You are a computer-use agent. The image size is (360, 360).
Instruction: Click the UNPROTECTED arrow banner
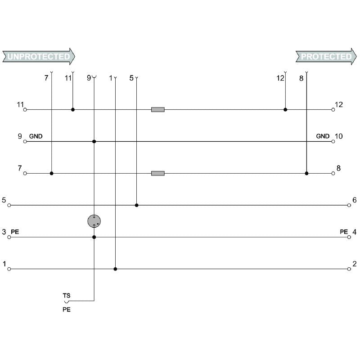point(38,57)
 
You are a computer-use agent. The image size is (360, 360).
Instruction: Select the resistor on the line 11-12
point(157,109)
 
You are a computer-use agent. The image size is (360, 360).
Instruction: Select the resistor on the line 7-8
point(157,173)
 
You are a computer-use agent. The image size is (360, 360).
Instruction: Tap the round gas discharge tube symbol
point(94,221)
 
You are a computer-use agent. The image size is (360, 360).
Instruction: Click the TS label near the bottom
point(67,295)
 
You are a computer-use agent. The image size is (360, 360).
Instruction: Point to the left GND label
point(36,136)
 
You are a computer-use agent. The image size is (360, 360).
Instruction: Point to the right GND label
point(323,136)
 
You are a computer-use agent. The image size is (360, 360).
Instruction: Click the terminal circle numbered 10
point(333,141)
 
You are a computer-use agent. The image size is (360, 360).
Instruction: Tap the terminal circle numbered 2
point(349,269)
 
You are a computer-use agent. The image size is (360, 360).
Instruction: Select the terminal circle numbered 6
point(349,205)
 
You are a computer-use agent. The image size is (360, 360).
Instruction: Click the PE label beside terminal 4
point(344,232)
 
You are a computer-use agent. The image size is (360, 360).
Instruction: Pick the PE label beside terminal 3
point(15,232)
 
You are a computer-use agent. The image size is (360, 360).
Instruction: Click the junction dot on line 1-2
point(116,269)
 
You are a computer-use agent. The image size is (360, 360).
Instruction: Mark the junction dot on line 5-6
point(137,205)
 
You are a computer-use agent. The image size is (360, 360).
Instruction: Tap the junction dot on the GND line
point(94,141)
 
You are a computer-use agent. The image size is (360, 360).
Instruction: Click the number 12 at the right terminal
point(339,105)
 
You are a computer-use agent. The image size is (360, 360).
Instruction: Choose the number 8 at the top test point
point(301,78)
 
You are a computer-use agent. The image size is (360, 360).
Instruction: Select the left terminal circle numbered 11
point(25,109)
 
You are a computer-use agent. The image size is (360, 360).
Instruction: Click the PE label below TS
point(67,310)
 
